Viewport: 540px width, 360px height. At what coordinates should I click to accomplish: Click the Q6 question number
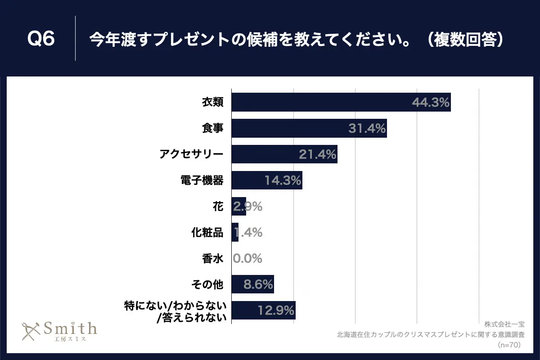pos(41,39)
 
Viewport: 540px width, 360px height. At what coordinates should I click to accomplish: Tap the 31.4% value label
pos(367,129)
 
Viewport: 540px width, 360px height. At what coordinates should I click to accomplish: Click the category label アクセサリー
pos(191,155)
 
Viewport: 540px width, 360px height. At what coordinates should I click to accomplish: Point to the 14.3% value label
pos(282,181)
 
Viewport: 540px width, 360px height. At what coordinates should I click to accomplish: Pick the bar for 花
pos(238,207)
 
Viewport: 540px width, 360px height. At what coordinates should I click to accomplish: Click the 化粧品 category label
pos(207,233)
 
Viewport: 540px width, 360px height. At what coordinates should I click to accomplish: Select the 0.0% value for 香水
pos(247,259)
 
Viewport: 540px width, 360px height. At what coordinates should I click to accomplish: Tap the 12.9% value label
pos(276,310)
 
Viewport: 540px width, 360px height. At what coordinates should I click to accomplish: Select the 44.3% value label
pos(431,103)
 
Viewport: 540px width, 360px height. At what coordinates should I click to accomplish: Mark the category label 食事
pos(212,129)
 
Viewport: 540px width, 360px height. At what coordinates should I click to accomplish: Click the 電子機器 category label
pos(201,181)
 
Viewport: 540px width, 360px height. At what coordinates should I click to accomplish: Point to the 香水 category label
pos(212,259)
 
